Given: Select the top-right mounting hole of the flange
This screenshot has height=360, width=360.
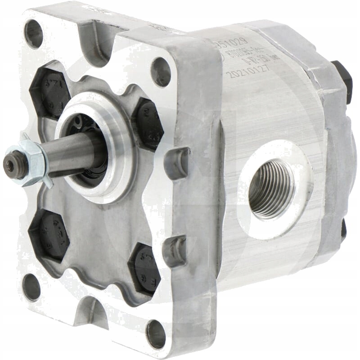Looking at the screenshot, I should tap(161, 72).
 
